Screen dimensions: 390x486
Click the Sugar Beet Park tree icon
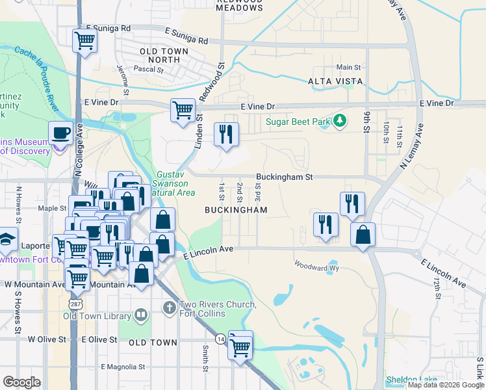339,121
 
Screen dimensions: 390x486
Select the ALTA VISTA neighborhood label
333,81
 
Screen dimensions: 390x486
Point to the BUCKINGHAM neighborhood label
236,210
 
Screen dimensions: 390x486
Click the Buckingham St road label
284,177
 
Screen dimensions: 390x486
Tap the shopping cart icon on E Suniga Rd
85,40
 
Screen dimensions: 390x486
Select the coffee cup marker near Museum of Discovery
61,133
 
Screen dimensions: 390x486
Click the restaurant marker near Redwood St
226,135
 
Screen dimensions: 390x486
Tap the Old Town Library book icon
141,315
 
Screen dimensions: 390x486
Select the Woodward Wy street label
317,265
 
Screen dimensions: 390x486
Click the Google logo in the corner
21,382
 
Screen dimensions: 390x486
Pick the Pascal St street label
147,68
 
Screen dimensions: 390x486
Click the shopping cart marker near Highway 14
240,346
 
